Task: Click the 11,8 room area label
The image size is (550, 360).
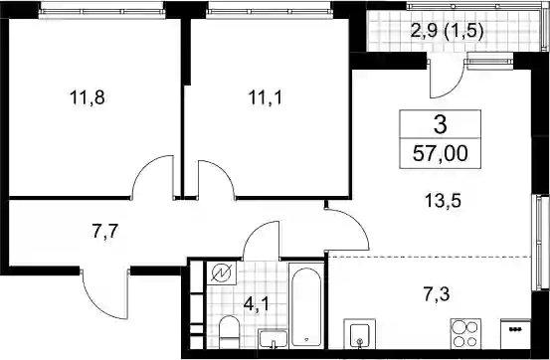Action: click(x=88, y=97)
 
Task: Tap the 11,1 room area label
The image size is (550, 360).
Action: click(x=266, y=97)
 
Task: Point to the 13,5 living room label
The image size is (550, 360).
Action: click(x=443, y=201)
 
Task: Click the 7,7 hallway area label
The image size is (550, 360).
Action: click(x=104, y=232)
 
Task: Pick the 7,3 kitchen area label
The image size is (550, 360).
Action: click(x=437, y=293)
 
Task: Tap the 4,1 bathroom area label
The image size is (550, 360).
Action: click(x=257, y=304)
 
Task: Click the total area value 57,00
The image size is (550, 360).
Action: click(x=441, y=154)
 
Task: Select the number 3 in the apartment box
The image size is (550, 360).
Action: click(x=441, y=125)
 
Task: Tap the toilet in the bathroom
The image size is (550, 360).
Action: click(x=229, y=332)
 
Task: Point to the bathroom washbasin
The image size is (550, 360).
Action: click(x=273, y=339)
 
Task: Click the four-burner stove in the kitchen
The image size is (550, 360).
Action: click(x=465, y=334)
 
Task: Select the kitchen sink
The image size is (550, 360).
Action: click(x=359, y=334)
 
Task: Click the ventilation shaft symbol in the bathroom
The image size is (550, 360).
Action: click(x=222, y=272)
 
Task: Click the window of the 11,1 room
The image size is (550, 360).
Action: click(x=270, y=11)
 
